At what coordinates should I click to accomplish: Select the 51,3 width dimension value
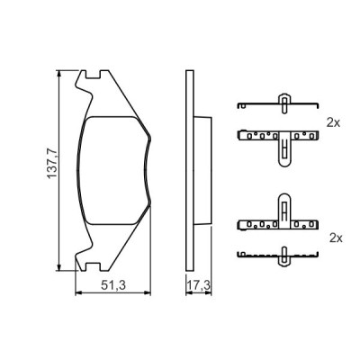pos(112,286)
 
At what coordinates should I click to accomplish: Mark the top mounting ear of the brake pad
pos(86,84)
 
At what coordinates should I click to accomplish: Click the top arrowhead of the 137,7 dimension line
pos(59,74)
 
